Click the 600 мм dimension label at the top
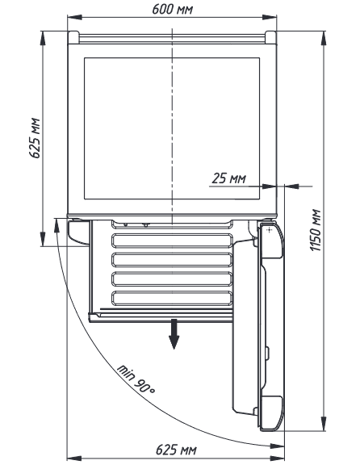click(173, 9)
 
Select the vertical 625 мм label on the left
click(35, 138)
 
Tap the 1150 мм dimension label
click(315, 230)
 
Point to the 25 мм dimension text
click(229, 178)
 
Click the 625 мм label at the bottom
click(177, 450)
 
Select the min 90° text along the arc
click(136, 379)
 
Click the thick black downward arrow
click(174, 334)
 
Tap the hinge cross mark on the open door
click(270, 230)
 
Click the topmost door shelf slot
click(172, 241)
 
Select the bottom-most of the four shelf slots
click(172, 298)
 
